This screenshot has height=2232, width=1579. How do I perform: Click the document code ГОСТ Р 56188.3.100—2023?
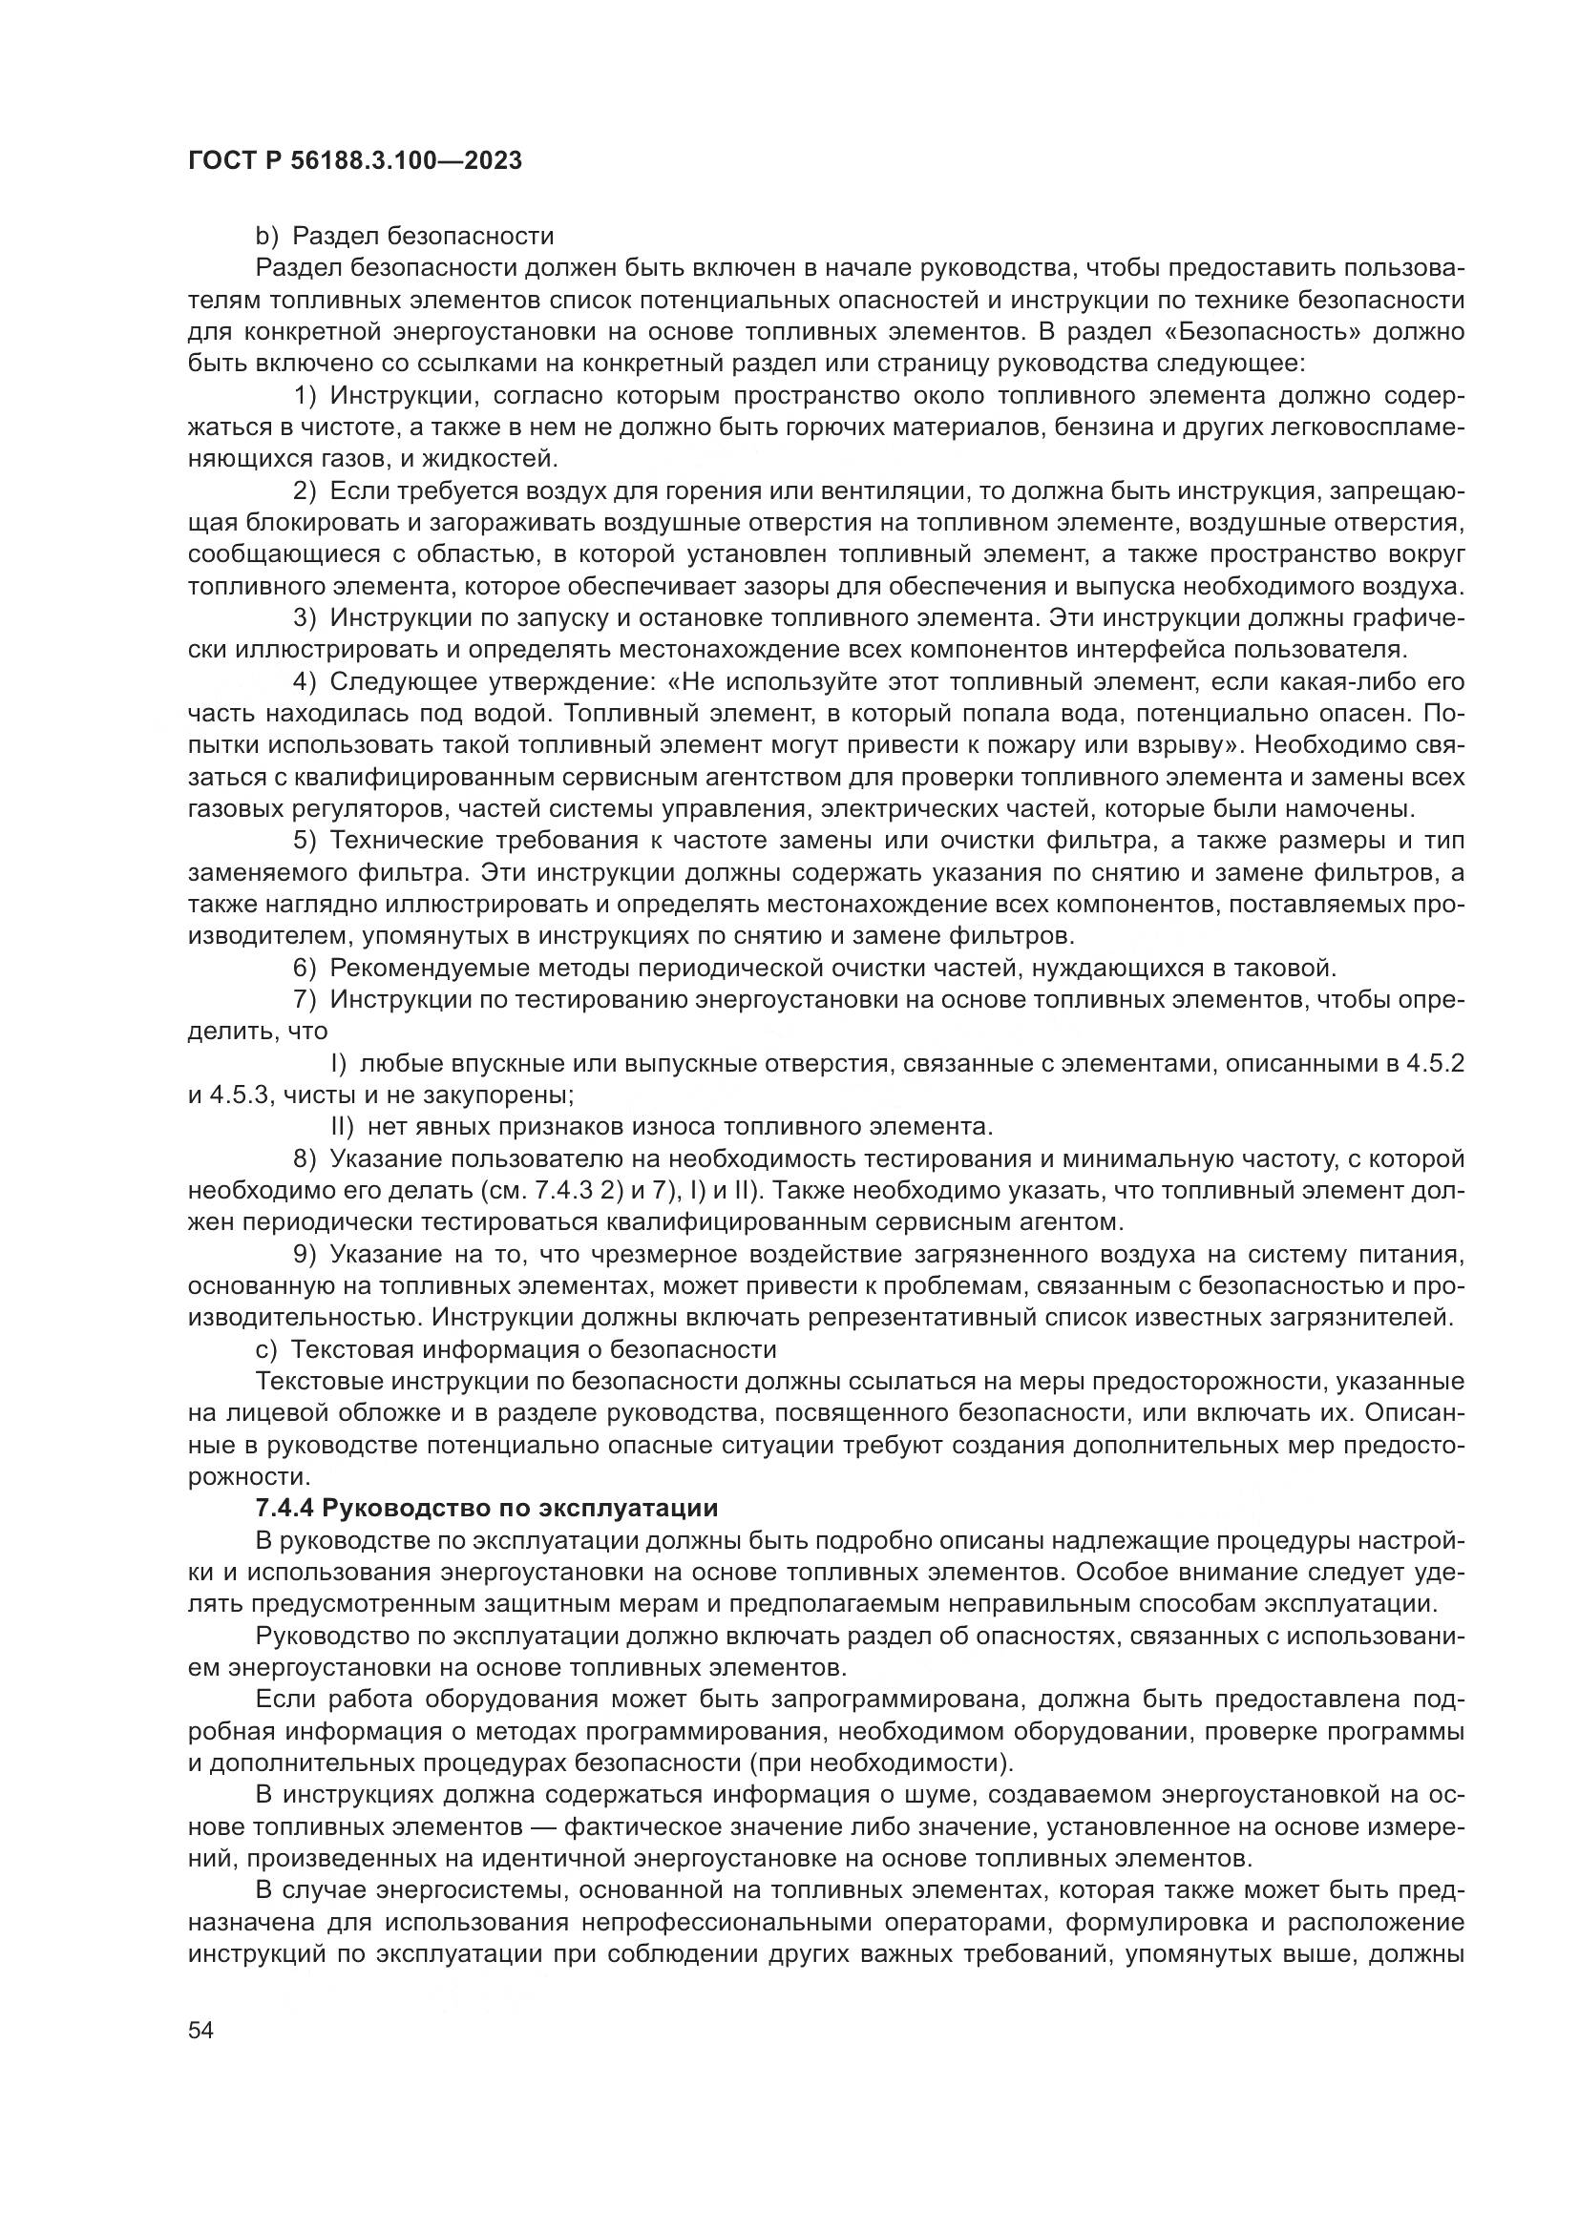click(x=355, y=160)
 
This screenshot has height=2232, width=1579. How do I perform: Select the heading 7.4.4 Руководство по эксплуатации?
click(x=486, y=1508)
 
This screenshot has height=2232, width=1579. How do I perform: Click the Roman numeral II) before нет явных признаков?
click(x=345, y=1127)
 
